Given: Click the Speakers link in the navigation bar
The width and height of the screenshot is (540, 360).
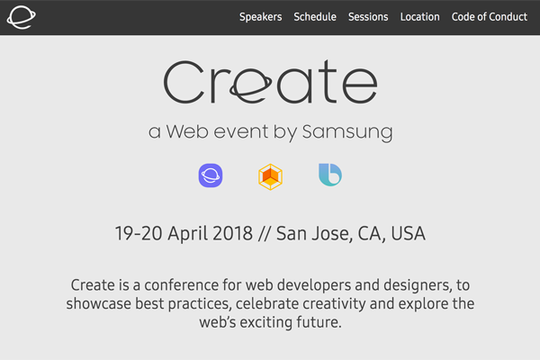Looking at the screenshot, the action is coord(260,17).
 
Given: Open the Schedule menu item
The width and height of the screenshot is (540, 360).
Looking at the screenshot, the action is coord(315,16).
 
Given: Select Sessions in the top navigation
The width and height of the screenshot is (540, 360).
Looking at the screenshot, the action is coord(368,16).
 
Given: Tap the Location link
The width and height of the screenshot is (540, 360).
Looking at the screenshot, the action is coord(419,16).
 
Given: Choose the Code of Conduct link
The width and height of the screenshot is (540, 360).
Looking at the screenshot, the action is coord(489,16).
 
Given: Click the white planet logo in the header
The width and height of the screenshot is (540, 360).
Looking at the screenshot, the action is coord(21,17).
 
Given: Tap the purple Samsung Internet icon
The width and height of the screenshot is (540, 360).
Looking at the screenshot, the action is coord(211,175).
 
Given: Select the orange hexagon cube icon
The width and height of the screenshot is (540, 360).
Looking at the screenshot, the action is coord(270,176).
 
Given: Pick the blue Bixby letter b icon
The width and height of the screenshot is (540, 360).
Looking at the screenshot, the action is coord(330,175).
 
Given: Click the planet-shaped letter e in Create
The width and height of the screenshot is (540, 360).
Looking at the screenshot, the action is coord(251,86).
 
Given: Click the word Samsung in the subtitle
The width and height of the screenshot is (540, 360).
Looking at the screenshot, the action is coord(347,132).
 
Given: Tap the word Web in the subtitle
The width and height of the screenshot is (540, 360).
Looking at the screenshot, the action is coord(187,131).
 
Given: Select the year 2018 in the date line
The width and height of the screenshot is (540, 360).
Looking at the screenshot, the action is coord(233,233).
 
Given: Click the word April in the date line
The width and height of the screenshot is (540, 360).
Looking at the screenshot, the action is coord(187,234).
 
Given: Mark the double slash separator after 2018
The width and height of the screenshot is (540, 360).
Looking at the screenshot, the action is coord(264,234).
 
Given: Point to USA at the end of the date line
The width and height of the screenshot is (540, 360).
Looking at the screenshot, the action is coord(408,233).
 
